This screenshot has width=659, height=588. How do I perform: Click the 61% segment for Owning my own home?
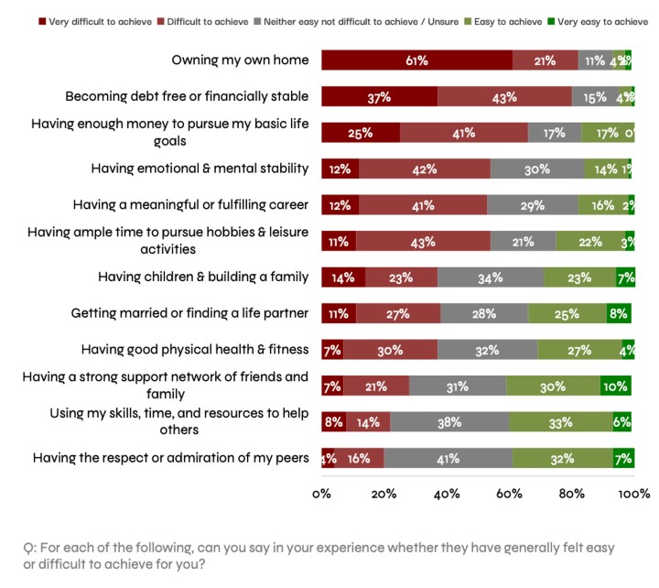416,60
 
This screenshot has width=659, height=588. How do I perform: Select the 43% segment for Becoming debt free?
504,96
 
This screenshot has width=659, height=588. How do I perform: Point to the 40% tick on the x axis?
447,494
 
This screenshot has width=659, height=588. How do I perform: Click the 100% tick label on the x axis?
633,494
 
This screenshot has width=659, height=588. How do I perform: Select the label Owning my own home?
239,60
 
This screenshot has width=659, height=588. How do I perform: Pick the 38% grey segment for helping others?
449,421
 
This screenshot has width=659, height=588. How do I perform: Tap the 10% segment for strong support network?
616,386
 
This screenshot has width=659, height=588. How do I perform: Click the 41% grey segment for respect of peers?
448,458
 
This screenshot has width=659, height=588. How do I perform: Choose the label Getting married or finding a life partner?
189,313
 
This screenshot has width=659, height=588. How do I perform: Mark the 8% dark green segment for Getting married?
619,313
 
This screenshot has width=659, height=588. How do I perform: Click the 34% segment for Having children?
491,277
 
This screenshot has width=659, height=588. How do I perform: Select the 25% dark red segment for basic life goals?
360,133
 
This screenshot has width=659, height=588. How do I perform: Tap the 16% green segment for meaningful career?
602,205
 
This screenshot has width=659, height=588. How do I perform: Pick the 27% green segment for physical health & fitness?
579,349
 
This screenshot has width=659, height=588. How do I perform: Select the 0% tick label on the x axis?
321,494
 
